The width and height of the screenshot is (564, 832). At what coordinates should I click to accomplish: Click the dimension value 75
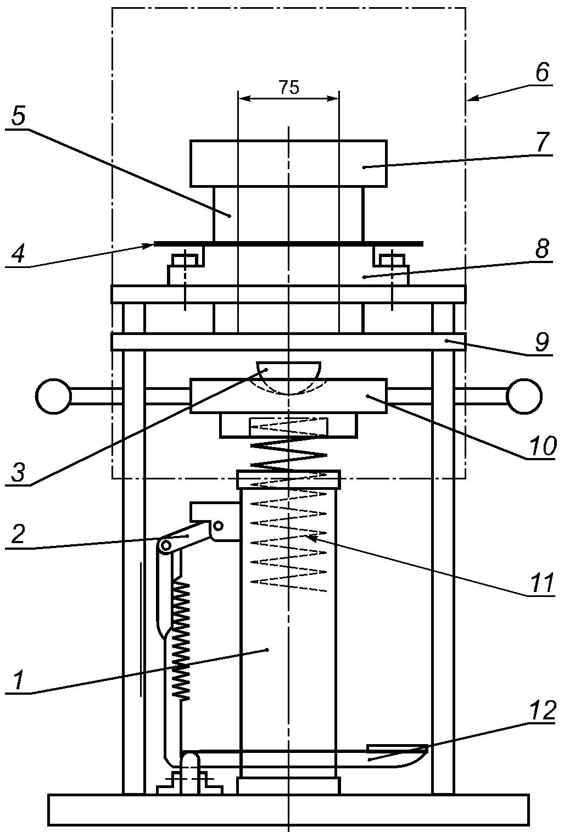(x=289, y=87)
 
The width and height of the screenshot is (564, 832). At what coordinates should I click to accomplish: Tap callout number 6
(x=542, y=72)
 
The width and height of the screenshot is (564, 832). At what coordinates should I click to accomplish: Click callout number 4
(x=18, y=254)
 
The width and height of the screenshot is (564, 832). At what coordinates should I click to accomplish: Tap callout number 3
(x=18, y=472)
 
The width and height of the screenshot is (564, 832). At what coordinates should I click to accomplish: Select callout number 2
(x=18, y=534)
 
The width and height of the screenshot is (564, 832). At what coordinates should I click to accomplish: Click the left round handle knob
(x=54, y=397)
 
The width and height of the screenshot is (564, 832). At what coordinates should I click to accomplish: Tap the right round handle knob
(x=524, y=397)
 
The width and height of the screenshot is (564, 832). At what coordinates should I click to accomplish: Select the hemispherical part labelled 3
(x=288, y=376)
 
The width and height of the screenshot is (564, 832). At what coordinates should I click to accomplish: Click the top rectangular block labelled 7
(x=288, y=163)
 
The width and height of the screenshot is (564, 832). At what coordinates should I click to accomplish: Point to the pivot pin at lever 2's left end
(x=165, y=545)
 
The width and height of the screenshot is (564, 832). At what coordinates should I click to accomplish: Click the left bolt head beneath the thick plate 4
(x=185, y=260)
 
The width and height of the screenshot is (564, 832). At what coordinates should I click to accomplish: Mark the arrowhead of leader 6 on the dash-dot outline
(x=472, y=98)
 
